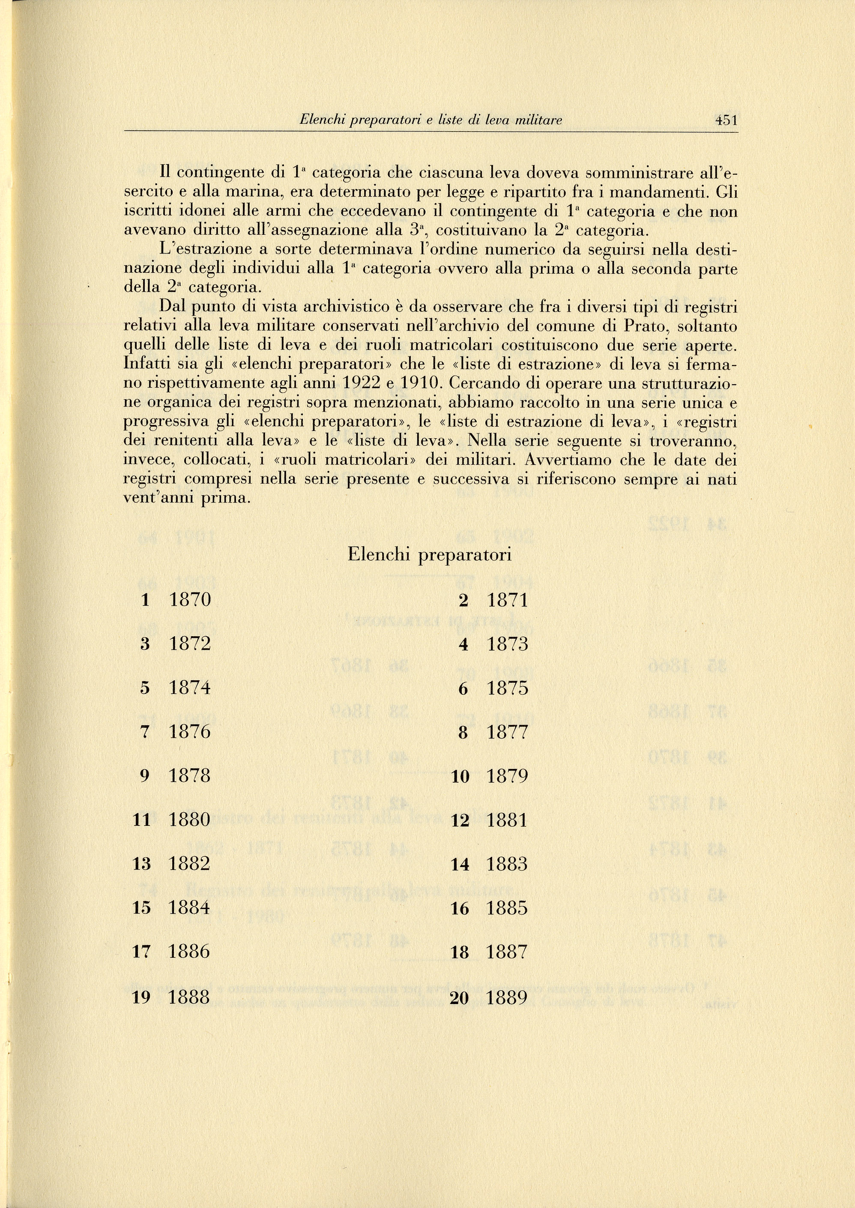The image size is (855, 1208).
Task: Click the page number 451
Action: [726, 120]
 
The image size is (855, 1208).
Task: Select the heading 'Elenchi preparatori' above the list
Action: [429, 555]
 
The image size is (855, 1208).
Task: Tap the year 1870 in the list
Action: [190, 600]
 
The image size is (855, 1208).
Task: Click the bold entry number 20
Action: [460, 998]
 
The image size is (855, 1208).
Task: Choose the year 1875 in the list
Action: [508, 688]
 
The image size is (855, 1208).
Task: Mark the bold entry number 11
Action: [142, 820]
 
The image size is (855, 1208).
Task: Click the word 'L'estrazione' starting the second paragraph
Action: [205, 249]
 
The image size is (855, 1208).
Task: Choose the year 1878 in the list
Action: [190, 776]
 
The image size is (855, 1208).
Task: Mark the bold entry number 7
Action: [146, 732]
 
